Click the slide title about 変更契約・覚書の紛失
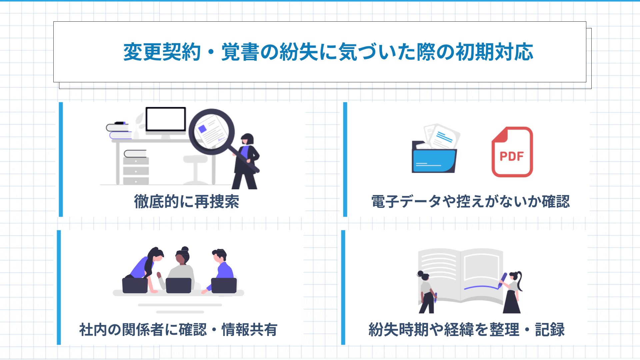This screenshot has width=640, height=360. [x=328, y=52]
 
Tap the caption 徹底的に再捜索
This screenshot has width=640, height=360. [x=187, y=202]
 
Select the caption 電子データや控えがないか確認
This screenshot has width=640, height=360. [x=471, y=202]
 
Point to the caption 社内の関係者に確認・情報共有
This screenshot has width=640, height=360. [x=178, y=330]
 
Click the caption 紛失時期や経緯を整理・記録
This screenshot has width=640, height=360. [x=467, y=330]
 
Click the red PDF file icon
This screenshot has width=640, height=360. [x=512, y=152]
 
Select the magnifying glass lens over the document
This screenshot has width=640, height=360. [x=212, y=132]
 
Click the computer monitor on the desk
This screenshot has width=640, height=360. [x=166, y=121]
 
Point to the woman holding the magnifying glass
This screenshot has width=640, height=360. [x=246, y=162]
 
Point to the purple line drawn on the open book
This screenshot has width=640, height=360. [x=481, y=287]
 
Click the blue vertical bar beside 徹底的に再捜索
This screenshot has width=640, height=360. [x=61, y=159]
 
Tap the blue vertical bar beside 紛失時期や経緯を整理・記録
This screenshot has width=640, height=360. [x=343, y=287]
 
